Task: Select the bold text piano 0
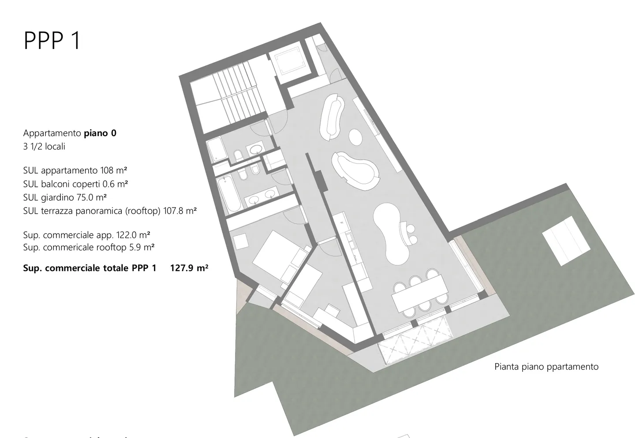[x=100, y=133]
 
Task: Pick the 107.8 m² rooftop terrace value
[x=180, y=211]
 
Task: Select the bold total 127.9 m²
[x=189, y=268]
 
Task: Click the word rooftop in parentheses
[x=143, y=211]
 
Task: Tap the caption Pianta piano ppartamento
[x=546, y=367]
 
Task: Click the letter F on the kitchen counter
[x=341, y=222]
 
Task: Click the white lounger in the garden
[x=566, y=241]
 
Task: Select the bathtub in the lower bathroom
[x=229, y=194]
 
